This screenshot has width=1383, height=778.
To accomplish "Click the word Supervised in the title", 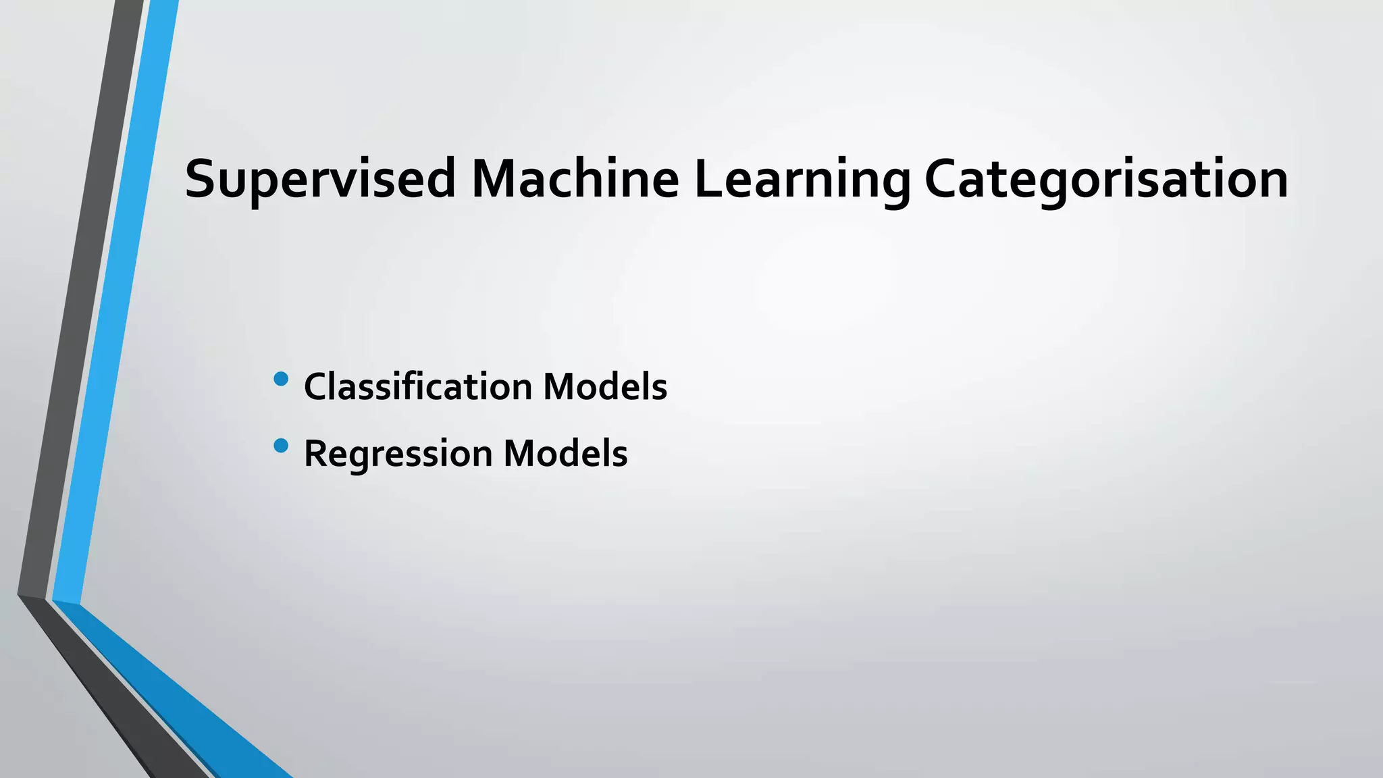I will point(320,179).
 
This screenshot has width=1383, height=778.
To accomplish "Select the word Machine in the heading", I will point(575,179).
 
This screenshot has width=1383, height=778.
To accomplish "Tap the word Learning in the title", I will point(802,179).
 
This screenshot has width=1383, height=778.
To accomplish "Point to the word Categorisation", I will point(1105,179).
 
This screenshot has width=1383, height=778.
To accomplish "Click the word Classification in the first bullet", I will point(418,387).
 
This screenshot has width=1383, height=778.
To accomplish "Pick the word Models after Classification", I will point(605,387).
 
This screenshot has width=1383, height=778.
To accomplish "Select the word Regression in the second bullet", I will point(398,453).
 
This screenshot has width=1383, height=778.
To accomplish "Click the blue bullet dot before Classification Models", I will point(282,380).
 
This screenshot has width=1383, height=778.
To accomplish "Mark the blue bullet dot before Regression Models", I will point(282,446).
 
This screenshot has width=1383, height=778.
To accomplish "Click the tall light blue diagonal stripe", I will point(115,304).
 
